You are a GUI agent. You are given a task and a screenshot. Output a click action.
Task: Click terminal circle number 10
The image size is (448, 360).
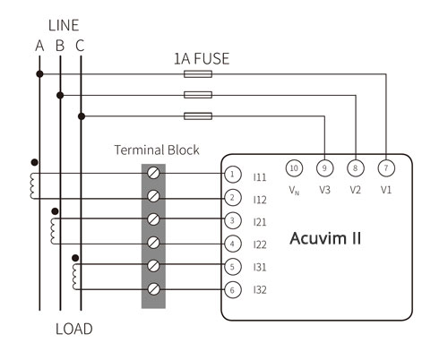pos(294,168)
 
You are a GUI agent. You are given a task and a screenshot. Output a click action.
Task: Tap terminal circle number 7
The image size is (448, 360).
pos(386,168)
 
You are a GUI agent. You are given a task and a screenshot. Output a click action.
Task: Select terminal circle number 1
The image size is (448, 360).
pos(233,175)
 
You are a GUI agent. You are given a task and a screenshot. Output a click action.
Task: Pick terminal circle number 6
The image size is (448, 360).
pos(233,290)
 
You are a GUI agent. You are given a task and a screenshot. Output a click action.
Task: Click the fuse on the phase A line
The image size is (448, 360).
pos(198,74)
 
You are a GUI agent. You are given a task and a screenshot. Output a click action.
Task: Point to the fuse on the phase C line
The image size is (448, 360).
pos(198,116)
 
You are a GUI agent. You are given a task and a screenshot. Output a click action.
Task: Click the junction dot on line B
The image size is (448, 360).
pos(60,95)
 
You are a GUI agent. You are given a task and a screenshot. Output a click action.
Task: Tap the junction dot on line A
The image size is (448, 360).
pos(39,74)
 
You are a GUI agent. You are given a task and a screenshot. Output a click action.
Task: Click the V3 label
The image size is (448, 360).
pos(324,190)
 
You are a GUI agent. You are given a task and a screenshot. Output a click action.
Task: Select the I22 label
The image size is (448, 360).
pos(260,244)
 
